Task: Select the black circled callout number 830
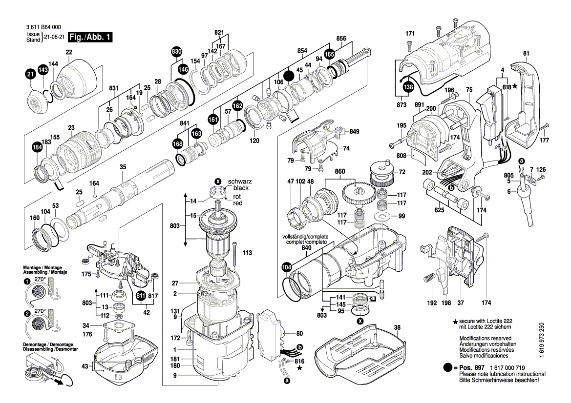[x=176, y=52]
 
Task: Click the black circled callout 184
[x=37, y=148]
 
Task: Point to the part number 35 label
[x=123, y=167]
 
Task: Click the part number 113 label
[x=247, y=253]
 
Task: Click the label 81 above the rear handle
[x=526, y=53]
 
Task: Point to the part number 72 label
[x=402, y=172]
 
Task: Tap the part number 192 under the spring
[x=431, y=303]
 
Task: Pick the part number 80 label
[x=299, y=334]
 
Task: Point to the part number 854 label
[x=302, y=51]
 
